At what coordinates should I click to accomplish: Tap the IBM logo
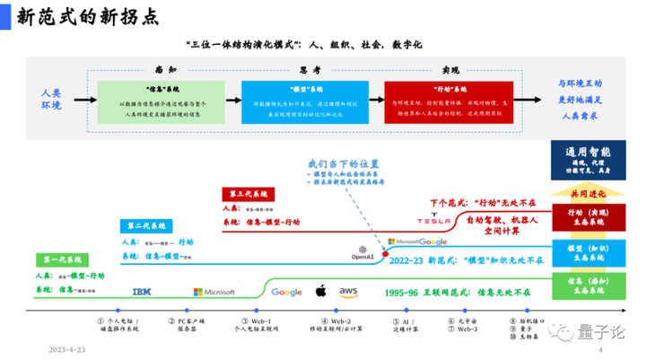(x=143, y=292)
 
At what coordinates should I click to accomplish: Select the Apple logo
(x=319, y=291)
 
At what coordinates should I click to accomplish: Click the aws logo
(x=348, y=291)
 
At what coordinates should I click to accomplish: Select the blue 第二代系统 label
(x=145, y=225)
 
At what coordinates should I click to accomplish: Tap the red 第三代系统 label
(x=248, y=193)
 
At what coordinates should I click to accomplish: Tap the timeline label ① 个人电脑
(x=118, y=323)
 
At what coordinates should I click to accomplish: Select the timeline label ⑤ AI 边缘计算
(x=401, y=323)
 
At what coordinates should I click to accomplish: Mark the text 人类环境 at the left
(x=50, y=99)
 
